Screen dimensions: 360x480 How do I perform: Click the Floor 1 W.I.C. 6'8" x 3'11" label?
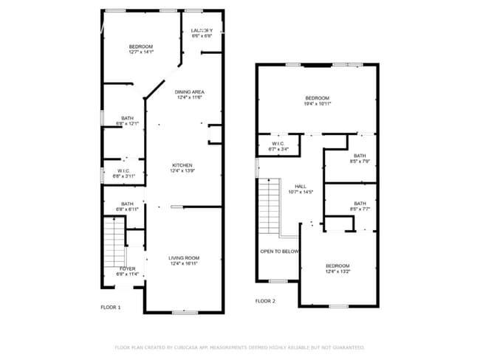click(123, 173)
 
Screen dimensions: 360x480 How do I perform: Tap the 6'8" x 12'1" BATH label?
click(128, 120)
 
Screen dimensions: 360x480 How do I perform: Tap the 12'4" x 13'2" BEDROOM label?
click(337, 269)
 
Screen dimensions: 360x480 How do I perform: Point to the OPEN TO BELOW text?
click(279, 252)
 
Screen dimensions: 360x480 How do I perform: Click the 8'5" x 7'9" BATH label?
click(360, 158)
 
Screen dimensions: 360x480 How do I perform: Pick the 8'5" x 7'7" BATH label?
click(360, 206)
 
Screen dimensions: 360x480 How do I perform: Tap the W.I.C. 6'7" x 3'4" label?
click(278, 146)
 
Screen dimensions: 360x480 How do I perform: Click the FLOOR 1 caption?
click(111, 307)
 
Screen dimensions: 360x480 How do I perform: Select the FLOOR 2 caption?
click(265, 301)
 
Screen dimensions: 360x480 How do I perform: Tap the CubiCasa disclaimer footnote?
click(239, 347)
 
